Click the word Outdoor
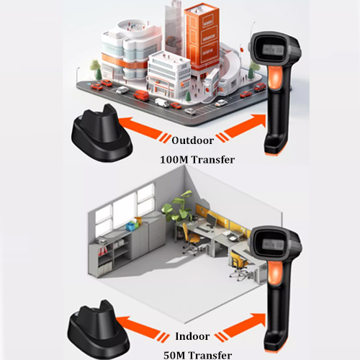(x=193, y=140)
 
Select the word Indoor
(x=192, y=336)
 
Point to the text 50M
(x=175, y=355)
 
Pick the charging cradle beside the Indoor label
(x=99, y=329)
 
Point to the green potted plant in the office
(x=178, y=207)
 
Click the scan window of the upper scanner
(x=273, y=50)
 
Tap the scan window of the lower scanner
(x=273, y=244)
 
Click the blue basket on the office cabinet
(x=131, y=226)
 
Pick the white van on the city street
(x=162, y=102)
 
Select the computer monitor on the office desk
(x=212, y=220)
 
